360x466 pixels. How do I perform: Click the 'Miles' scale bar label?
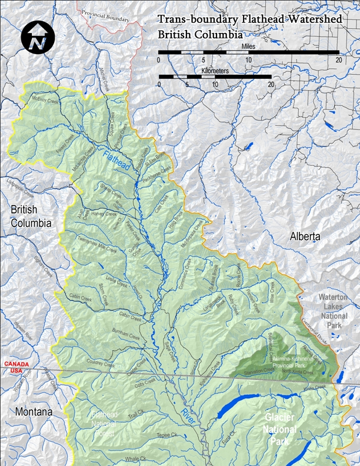248,45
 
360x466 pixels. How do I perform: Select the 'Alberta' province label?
305,237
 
